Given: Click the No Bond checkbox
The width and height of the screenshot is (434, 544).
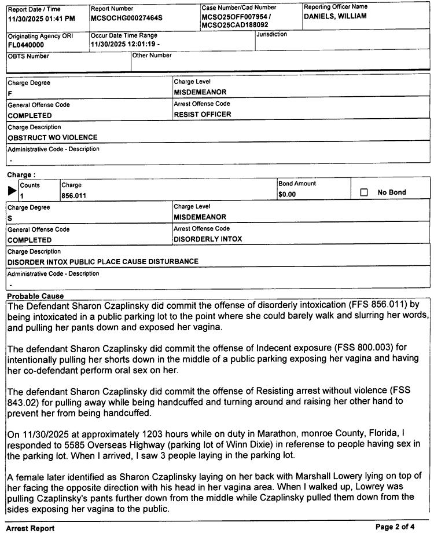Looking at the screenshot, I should tap(364, 192).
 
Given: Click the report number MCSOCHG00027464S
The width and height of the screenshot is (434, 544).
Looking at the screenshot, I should tap(127, 18).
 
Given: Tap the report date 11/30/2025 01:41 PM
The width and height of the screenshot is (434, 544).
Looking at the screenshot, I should tap(42, 19).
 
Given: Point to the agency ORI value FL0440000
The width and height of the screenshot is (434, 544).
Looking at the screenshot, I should tap(26, 45).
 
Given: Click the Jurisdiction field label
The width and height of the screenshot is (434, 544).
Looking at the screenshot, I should tap(272, 35).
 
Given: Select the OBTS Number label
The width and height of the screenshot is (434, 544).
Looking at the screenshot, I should tap(28, 56).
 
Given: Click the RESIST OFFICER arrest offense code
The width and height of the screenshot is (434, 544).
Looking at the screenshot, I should tap(203, 114).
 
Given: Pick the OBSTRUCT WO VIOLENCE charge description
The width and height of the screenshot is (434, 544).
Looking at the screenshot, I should tap(53, 137).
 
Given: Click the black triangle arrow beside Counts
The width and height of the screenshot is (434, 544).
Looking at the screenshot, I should tap(12, 191).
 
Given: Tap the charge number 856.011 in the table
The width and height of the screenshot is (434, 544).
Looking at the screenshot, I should tap(73, 196).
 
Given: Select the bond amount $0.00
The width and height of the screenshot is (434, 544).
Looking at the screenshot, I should tap(287, 195).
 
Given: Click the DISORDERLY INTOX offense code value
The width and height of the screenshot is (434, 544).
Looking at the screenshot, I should tap(208, 239).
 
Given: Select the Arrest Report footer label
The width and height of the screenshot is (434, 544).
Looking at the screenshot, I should tap(30, 528).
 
